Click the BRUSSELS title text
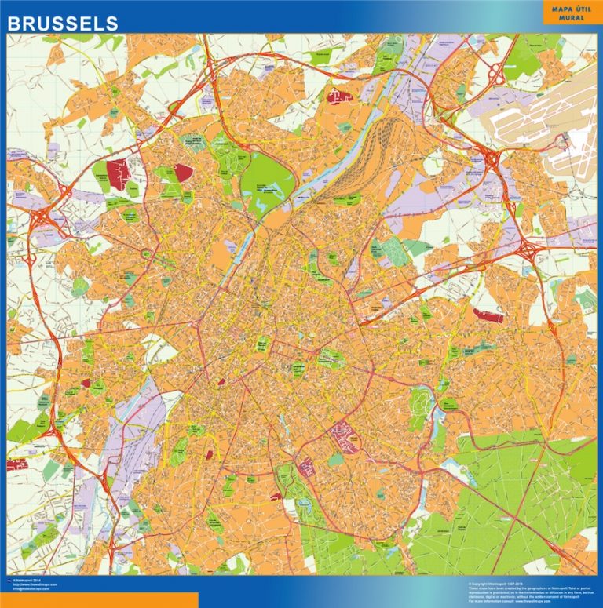[x=63, y=24]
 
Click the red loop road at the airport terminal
[x=563, y=141]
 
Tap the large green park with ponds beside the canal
[x=266, y=185]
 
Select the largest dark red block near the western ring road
[x=117, y=173]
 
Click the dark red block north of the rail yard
[x=340, y=97]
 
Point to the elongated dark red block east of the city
[x=488, y=315]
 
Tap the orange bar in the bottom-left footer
[x=98, y=600]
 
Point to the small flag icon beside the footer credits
[x=9, y=580]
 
